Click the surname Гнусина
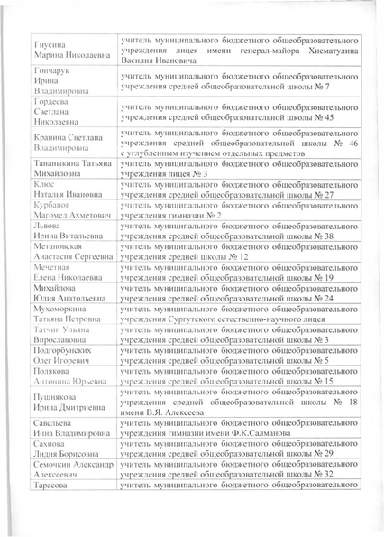pyautogui.click(x=49, y=44)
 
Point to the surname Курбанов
pyautogui.click(x=50, y=204)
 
